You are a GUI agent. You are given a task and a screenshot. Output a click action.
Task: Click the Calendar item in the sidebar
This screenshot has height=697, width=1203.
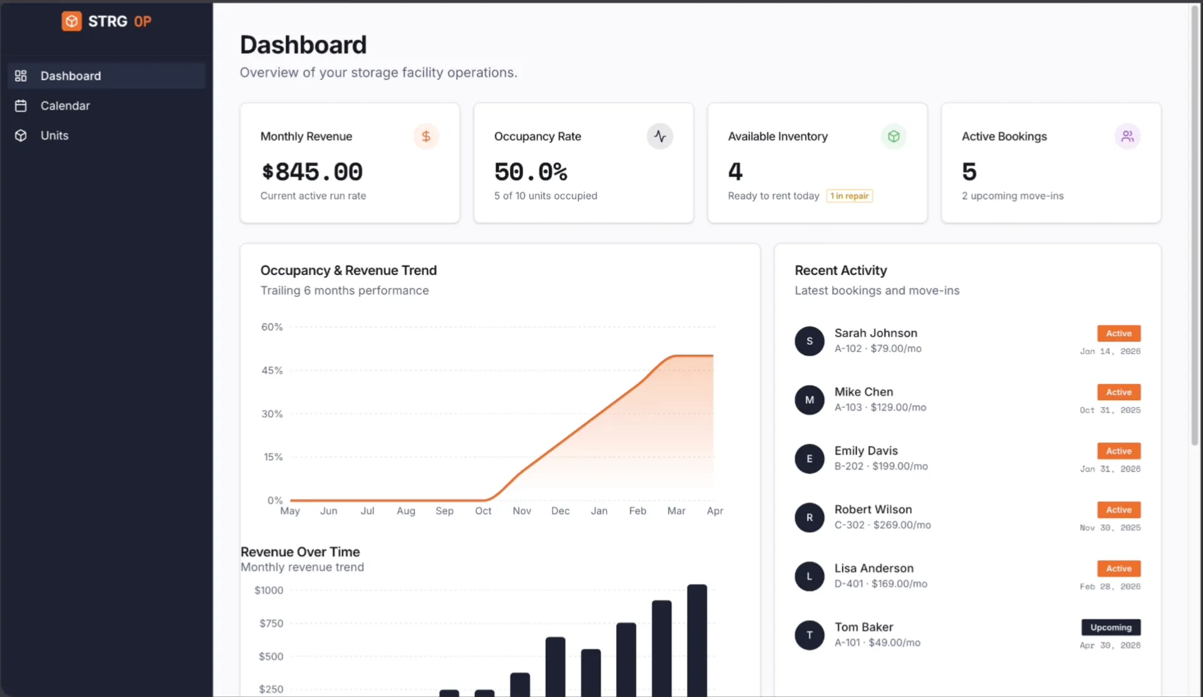[x=65, y=106]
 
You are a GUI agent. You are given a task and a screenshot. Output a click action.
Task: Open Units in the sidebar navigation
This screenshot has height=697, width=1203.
[x=55, y=135]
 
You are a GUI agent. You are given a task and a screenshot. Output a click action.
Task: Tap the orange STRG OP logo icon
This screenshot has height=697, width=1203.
[x=71, y=21]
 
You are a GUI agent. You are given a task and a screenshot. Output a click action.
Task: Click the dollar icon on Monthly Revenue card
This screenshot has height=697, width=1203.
[x=426, y=136]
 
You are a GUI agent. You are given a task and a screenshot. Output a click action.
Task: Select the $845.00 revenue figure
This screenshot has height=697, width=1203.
[x=312, y=172]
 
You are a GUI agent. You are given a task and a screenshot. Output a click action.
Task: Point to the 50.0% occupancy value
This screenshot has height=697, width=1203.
[x=531, y=172]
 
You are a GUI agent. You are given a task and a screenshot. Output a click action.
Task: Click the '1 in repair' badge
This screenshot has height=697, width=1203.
[x=850, y=196]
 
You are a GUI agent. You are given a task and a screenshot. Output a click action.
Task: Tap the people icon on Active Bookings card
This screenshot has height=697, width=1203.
[x=1127, y=136]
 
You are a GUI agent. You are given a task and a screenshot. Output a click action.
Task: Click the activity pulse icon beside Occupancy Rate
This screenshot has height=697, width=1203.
[x=660, y=136]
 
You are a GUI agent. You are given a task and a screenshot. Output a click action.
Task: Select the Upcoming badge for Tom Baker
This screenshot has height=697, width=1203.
[x=1110, y=627]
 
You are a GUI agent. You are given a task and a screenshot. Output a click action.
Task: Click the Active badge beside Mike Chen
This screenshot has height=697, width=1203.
[x=1118, y=392]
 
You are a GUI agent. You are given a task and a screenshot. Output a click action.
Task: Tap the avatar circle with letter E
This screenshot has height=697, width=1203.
[x=810, y=458]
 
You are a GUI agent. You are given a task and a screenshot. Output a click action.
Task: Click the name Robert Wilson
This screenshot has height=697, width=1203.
[x=873, y=509]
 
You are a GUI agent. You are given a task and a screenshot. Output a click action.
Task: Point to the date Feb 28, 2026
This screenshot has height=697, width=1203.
[x=1110, y=587]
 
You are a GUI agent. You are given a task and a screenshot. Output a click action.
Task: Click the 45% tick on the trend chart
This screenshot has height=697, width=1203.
[x=272, y=370]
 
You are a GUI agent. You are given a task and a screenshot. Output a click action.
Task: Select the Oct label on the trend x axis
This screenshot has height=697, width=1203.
[x=483, y=511]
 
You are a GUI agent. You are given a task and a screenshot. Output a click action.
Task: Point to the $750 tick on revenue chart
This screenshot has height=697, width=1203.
[x=271, y=623]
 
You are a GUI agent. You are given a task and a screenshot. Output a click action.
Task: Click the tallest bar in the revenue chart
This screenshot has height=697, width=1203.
[x=697, y=639]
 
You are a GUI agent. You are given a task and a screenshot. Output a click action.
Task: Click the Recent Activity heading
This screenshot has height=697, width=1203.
[x=841, y=271]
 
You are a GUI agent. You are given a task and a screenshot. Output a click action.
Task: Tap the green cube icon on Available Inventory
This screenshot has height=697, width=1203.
[x=893, y=136]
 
